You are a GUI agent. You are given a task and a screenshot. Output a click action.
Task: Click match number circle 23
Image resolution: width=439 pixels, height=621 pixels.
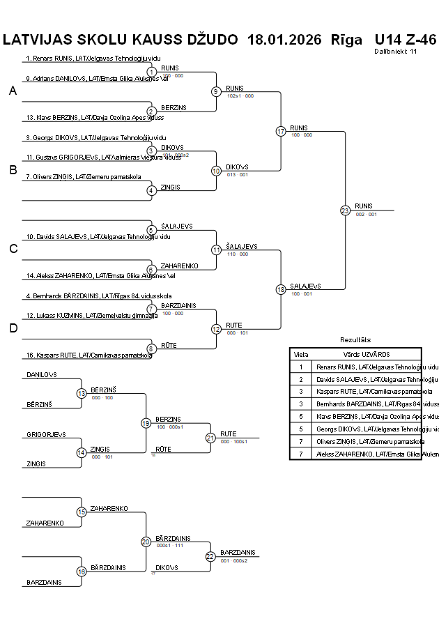tap(345, 210)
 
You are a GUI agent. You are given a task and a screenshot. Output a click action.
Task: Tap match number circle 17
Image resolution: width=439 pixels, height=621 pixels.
tap(281, 131)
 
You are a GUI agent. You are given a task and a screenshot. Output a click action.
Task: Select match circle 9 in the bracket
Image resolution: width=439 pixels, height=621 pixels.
tap(216, 91)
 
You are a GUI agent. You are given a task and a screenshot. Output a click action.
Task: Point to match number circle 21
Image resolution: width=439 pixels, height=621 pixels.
tap(210, 438)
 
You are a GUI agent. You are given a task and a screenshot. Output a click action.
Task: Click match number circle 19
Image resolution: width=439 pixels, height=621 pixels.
tap(146, 422)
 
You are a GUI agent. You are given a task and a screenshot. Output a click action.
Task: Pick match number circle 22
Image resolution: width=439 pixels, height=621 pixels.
tap(210, 556)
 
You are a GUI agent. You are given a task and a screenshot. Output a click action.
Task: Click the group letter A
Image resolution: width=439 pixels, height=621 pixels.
tap(13, 91)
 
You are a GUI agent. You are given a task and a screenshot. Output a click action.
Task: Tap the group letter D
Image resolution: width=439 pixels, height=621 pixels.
tap(13, 328)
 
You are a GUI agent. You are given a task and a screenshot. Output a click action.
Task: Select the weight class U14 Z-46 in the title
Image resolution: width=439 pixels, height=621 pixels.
tap(405, 40)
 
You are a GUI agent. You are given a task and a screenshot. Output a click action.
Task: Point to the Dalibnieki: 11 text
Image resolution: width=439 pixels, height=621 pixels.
tap(395, 52)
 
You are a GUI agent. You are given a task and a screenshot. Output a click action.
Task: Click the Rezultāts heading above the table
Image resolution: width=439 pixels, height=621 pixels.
tap(355, 340)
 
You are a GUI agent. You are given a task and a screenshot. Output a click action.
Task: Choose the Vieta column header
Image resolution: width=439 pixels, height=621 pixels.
tap(301, 354)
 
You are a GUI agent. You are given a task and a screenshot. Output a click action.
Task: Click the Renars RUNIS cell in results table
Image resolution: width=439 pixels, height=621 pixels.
tap(377, 367)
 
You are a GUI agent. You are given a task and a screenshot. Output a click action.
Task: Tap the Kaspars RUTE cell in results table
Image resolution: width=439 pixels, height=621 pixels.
tap(377, 392)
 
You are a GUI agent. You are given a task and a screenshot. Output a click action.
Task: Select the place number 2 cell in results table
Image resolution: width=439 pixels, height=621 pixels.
tap(301, 379)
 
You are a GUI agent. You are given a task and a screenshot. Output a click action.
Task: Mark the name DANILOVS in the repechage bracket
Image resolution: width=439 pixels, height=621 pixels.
tap(41, 375)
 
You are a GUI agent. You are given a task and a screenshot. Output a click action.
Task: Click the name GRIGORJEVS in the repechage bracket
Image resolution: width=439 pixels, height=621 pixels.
tap(46, 434)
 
